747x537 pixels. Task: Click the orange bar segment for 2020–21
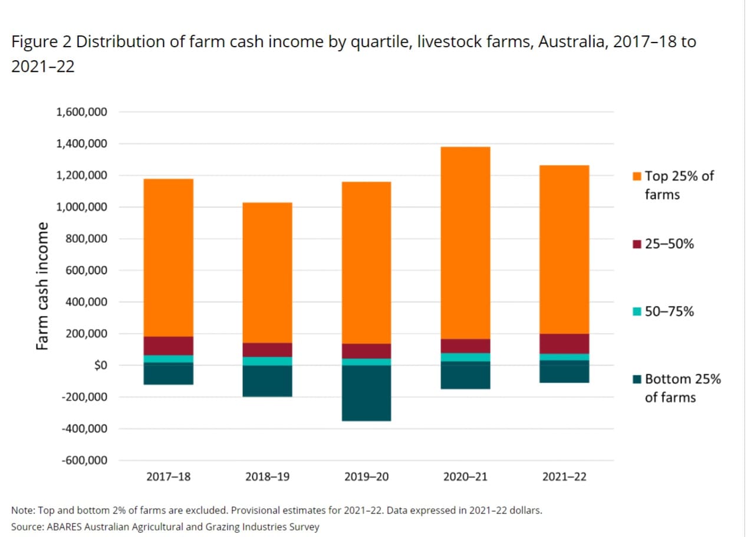[465, 242]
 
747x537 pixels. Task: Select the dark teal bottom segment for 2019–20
[366, 393]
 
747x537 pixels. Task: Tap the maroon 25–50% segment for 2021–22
[564, 344]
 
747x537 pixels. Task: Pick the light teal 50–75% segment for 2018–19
[267, 361]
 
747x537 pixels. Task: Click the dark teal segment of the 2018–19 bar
[267, 381]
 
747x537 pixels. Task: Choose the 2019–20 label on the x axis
[366, 477]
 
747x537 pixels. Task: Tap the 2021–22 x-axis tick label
[564, 477]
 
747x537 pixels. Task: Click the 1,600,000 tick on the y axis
[81, 112]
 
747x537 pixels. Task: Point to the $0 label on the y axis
[95, 365]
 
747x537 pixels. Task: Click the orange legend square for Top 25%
[637, 176]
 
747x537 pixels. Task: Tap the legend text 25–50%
[669, 243]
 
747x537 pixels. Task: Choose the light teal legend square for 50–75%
[637, 311]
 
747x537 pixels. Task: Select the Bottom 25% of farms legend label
[682, 388]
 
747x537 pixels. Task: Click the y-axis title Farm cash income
[42, 286]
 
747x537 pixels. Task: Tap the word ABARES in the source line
[63, 526]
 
